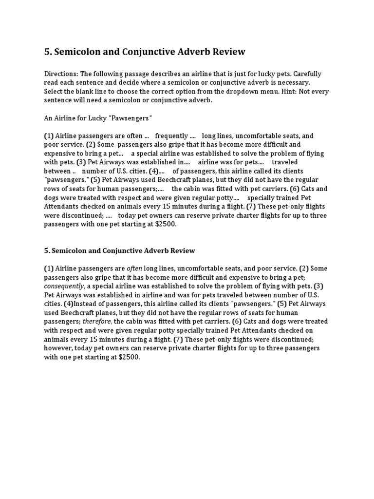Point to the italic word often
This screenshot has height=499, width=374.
click(x=135, y=269)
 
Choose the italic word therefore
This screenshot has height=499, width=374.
click(x=97, y=321)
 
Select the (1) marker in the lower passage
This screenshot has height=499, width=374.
click(x=49, y=269)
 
